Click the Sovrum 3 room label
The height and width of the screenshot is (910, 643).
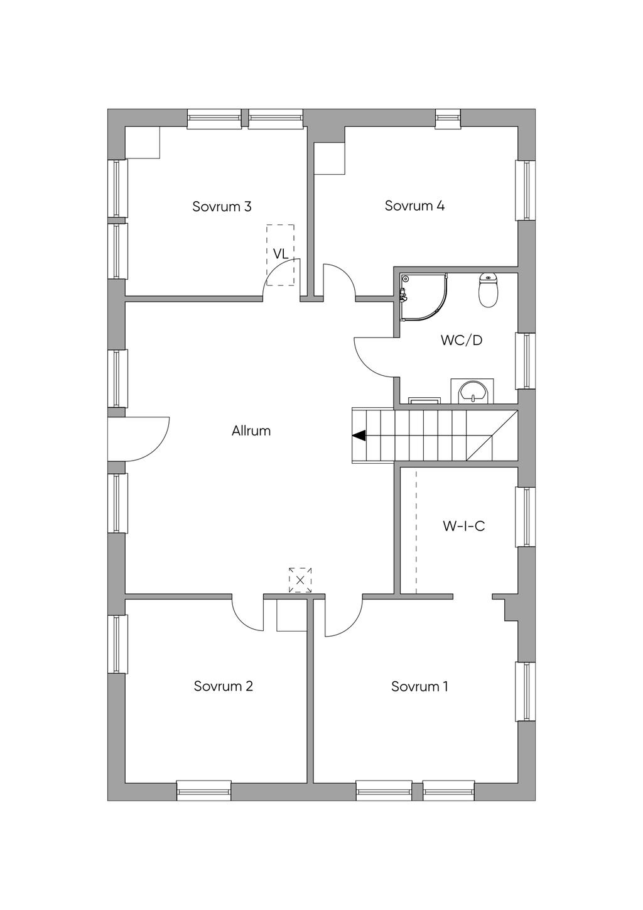[222, 207]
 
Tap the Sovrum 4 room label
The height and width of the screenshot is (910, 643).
[414, 206]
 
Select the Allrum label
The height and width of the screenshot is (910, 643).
[251, 431]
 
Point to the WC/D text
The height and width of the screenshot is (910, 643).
[462, 341]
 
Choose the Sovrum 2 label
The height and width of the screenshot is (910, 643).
[223, 686]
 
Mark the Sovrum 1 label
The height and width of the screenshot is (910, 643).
[419, 686]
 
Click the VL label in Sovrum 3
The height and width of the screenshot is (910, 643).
[281, 254]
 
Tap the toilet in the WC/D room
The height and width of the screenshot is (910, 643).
[488, 290]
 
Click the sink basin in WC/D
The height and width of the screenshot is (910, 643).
[472, 392]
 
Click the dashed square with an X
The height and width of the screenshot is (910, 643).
[300, 580]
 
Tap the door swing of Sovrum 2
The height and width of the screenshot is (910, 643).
[246, 613]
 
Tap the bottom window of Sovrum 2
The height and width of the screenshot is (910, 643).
[203, 791]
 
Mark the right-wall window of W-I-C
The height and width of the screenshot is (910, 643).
[526, 517]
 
